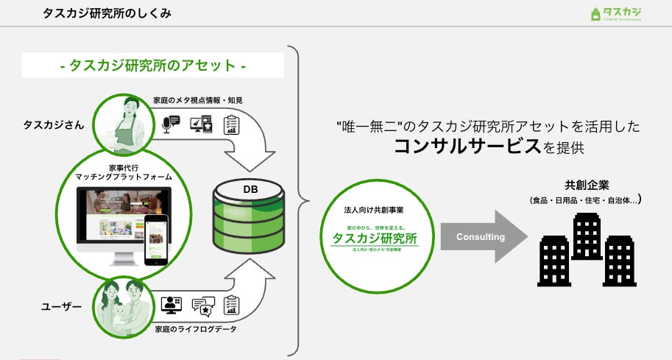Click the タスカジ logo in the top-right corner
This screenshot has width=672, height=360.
click(616, 14)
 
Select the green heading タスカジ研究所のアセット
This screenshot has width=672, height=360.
click(152, 66)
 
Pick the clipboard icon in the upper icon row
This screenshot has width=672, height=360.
click(232, 124)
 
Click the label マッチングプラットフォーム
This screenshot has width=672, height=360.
click(124, 177)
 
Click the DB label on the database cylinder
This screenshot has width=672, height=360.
click(250, 190)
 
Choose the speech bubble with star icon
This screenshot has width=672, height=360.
click(202, 305)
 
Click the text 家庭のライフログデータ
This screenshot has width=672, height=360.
click(196, 329)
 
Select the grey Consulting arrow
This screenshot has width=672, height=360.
click(482, 237)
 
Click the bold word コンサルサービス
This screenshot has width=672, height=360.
click(467, 146)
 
